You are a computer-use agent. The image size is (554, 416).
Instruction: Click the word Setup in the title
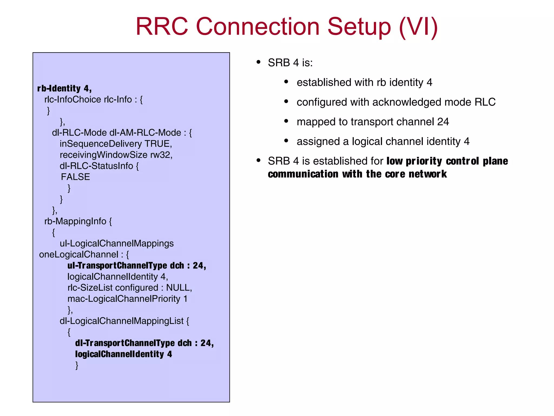[x=359, y=27]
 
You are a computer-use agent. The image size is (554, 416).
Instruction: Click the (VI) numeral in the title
[x=418, y=27]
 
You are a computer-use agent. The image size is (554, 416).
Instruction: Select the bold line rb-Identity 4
[x=64, y=89]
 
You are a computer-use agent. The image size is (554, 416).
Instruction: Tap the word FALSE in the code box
[x=75, y=177]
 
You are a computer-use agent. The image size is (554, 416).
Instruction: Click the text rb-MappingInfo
[x=75, y=221]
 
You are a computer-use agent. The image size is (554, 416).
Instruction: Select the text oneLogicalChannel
[x=79, y=255]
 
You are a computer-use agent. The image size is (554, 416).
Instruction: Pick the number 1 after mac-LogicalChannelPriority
[x=185, y=299]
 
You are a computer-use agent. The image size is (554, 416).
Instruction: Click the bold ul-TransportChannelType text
[x=117, y=266]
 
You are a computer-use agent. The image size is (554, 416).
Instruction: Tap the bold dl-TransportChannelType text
[x=125, y=343]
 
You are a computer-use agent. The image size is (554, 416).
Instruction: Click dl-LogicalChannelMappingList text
[x=121, y=321]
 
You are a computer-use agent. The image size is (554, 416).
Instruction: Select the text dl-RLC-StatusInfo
[x=96, y=166]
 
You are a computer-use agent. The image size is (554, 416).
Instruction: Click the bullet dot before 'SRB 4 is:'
[x=258, y=62]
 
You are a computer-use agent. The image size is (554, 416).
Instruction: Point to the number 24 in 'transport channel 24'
[x=443, y=122]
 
